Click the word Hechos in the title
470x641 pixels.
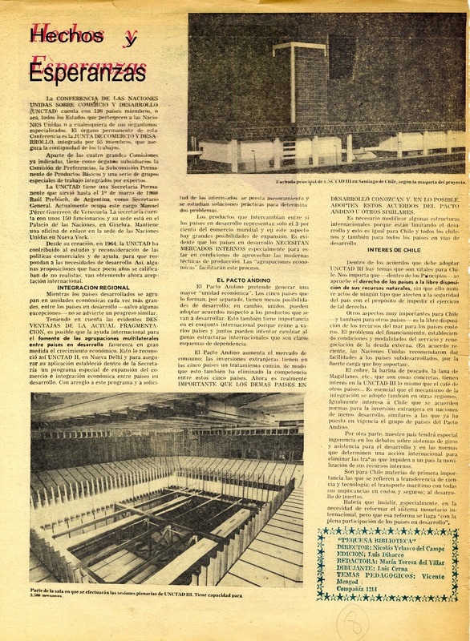(x=61, y=37)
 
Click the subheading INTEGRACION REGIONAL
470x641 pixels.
(x=87, y=264)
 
